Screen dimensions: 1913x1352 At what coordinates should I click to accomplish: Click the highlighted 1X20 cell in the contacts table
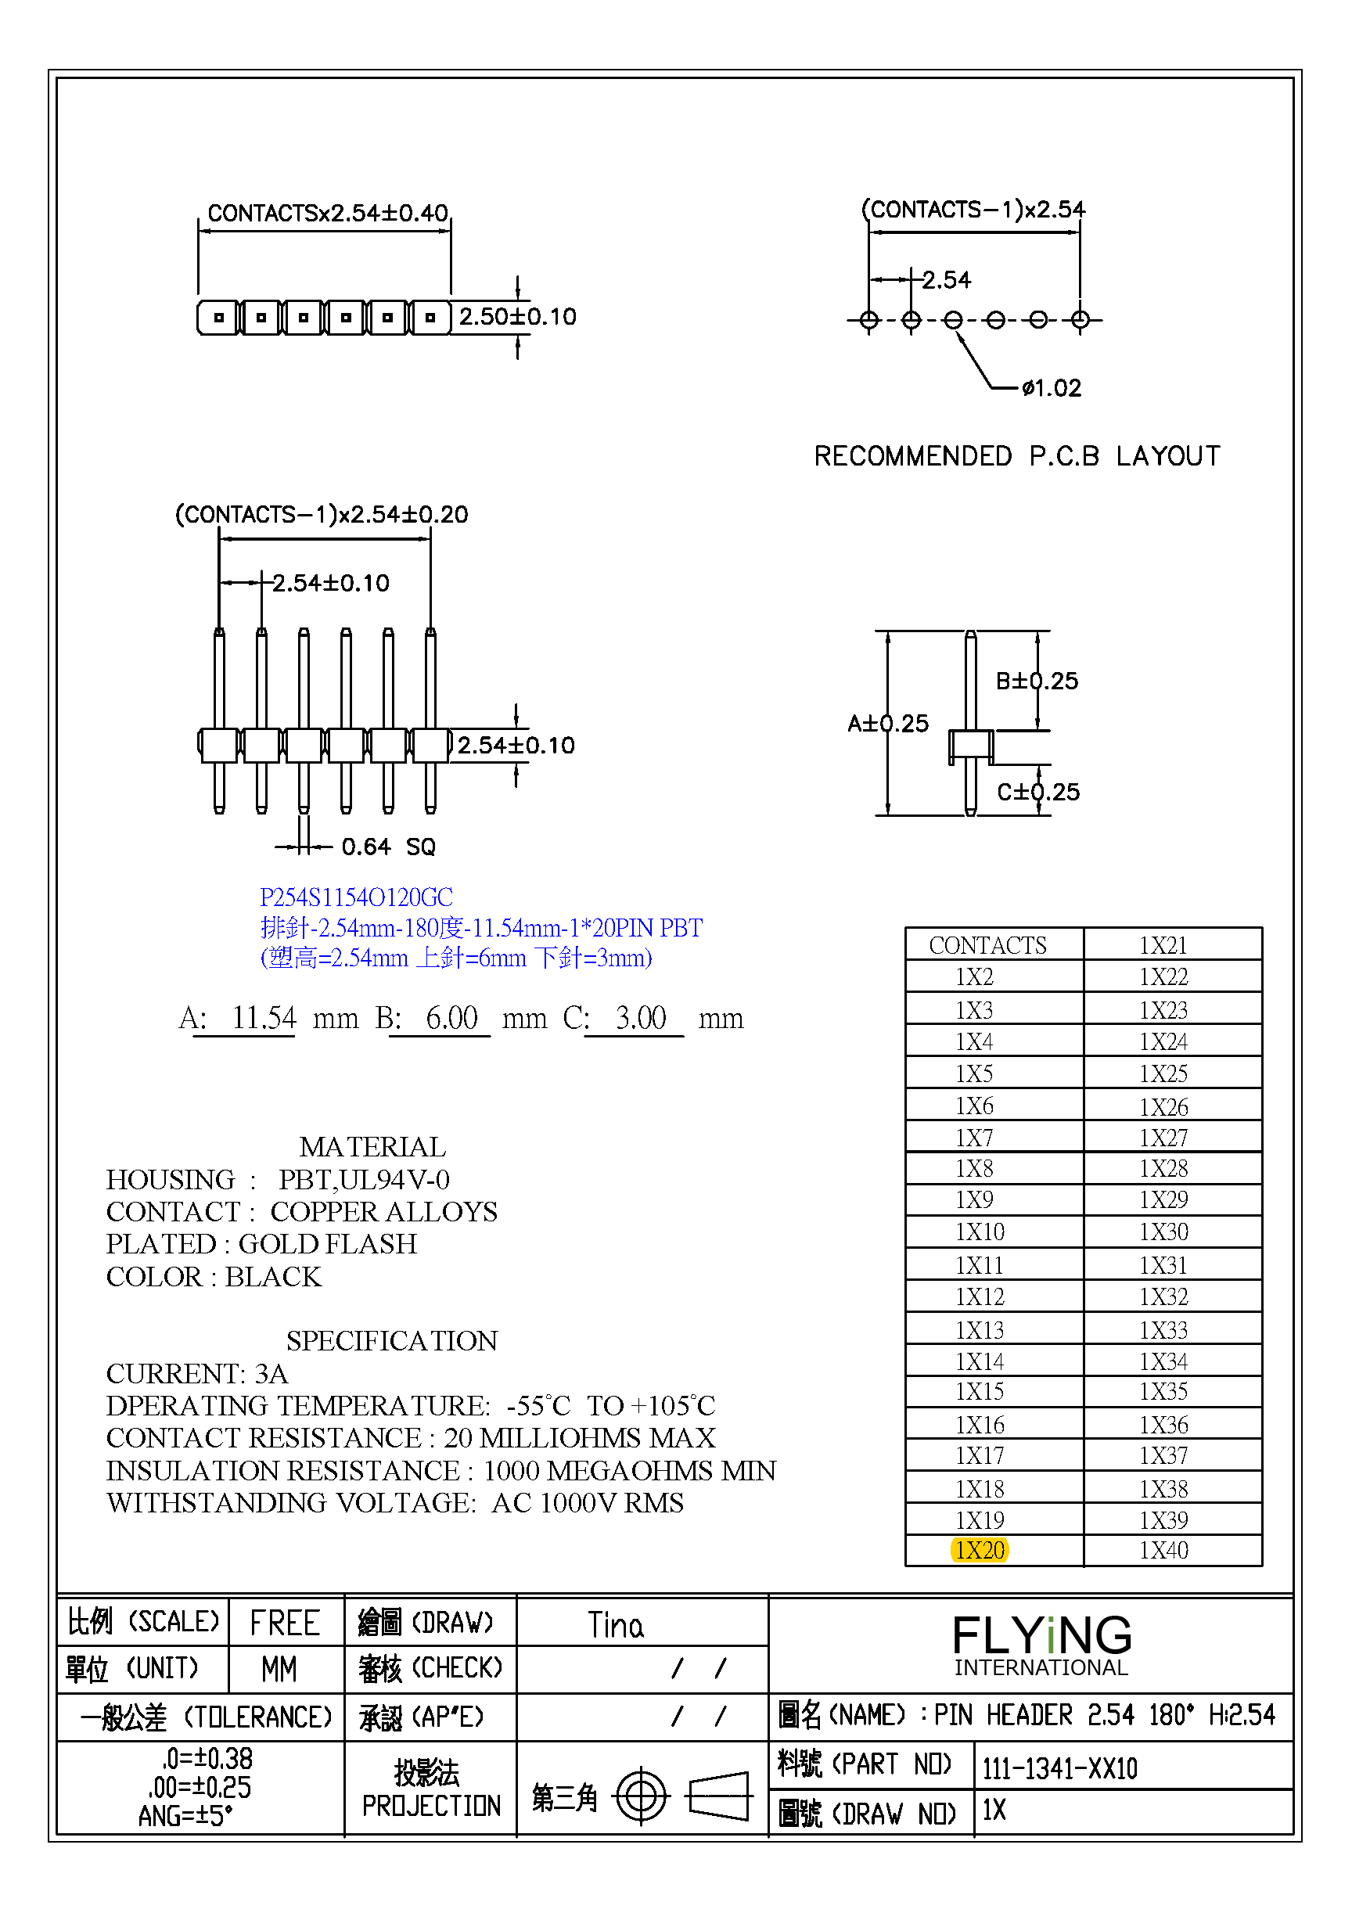point(979,1550)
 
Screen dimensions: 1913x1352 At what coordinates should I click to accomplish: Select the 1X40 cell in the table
point(1163,1550)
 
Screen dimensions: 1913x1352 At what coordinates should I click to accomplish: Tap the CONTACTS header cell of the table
point(987,945)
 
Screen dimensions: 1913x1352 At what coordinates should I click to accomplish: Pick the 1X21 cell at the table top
point(1163,945)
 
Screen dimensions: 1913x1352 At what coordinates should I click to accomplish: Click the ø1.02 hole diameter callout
point(1052,388)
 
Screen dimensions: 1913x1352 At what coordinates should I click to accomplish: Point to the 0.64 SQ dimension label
point(388,847)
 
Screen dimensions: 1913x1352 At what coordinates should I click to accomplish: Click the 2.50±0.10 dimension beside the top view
point(517,317)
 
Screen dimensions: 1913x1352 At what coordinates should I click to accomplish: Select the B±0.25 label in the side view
point(1037,681)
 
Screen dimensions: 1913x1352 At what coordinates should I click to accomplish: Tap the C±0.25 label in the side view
point(1038,792)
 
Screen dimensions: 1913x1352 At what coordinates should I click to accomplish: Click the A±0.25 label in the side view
point(888,723)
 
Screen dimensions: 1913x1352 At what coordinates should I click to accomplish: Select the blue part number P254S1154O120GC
point(357,897)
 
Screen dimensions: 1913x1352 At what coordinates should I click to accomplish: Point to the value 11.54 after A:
point(263,1017)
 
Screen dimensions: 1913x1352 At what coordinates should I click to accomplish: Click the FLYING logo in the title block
point(1041,1636)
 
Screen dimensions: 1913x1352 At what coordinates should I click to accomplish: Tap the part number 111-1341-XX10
point(1059,1767)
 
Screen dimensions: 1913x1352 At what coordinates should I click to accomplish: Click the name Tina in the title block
point(615,1626)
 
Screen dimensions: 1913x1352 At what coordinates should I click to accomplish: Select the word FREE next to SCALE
point(285,1623)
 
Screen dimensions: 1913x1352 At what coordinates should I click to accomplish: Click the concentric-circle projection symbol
point(641,1797)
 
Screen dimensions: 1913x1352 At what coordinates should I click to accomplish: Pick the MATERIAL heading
point(372,1146)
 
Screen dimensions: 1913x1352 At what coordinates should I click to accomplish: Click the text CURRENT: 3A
point(196,1373)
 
